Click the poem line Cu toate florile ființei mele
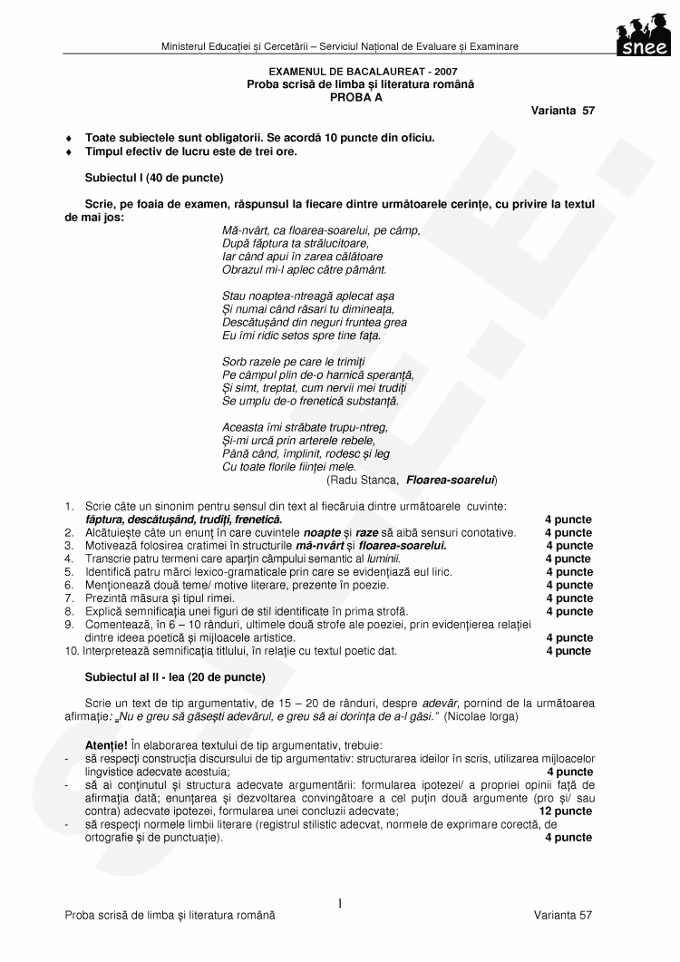(289, 466)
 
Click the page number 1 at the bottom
(340, 903)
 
